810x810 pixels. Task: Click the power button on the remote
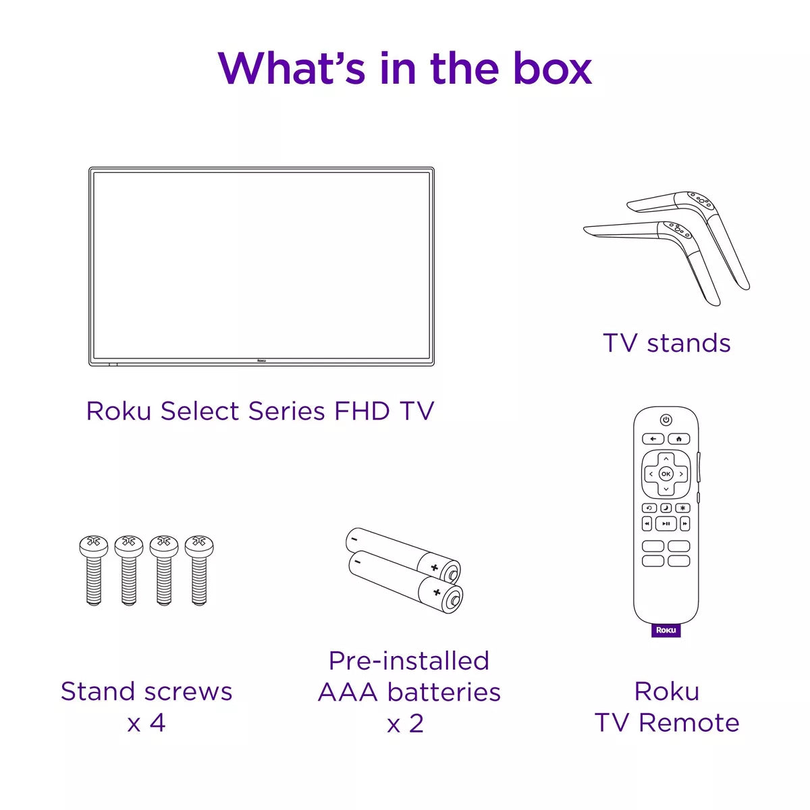click(666, 420)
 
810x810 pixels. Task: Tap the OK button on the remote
click(666, 474)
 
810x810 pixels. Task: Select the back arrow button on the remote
click(653, 439)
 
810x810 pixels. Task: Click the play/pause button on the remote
click(666, 524)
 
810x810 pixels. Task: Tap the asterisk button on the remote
click(682, 508)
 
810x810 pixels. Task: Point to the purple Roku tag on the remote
click(666, 630)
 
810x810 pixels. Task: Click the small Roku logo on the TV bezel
click(261, 361)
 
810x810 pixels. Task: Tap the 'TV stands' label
click(666, 343)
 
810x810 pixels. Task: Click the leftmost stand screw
click(94, 570)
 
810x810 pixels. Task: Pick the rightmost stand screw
click(199, 570)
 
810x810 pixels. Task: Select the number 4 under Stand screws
click(157, 723)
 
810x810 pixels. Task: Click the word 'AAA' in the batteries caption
click(348, 692)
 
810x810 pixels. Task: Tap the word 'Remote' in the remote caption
click(688, 723)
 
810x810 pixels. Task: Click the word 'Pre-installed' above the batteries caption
click(408, 661)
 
